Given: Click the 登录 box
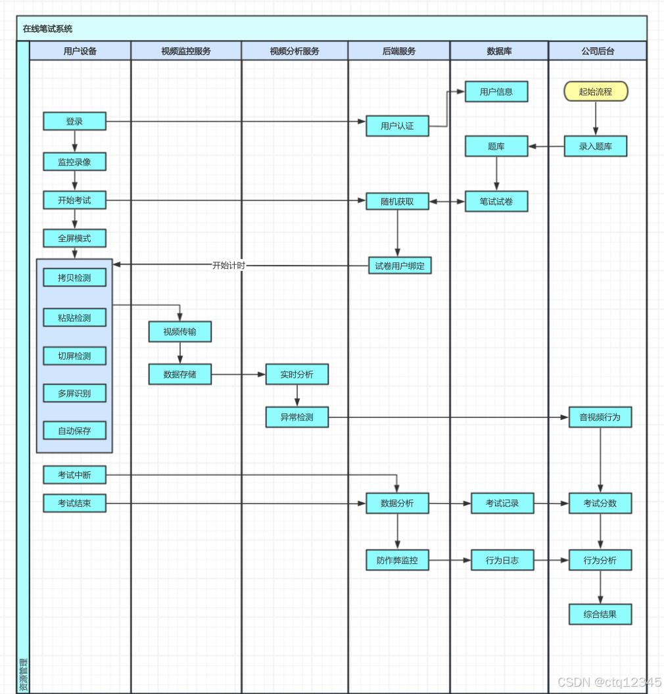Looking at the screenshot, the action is click(x=74, y=122).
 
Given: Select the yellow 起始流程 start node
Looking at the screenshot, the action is click(x=596, y=91).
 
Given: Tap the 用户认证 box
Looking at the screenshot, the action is click(x=397, y=126).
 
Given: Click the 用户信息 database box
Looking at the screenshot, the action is click(x=496, y=91).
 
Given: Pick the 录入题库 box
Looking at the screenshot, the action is click(x=596, y=146).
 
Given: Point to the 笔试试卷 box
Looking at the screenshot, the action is click(x=496, y=202).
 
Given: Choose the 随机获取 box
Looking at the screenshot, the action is click(x=397, y=202).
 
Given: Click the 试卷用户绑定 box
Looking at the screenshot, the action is click(x=400, y=266).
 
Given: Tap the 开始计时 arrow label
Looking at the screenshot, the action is click(x=228, y=266).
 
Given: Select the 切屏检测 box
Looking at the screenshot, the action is click(x=74, y=356).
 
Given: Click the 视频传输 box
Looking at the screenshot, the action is click(x=180, y=332).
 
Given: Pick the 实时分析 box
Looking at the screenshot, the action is click(x=296, y=374).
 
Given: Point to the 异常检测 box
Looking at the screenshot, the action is click(x=296, y=417).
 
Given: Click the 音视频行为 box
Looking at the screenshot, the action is click(x=600, y=417).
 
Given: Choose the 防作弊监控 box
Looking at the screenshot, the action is click(x=397, y=560).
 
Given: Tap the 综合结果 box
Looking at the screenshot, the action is click(x=600, y=614).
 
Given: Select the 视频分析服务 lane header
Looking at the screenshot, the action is click(x=295, y=51).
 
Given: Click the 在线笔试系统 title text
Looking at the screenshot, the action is click(x=47, y=29).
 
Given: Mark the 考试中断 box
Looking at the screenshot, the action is click(x=74, y=474).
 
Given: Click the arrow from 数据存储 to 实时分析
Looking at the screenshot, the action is click(x=238, y=375).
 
